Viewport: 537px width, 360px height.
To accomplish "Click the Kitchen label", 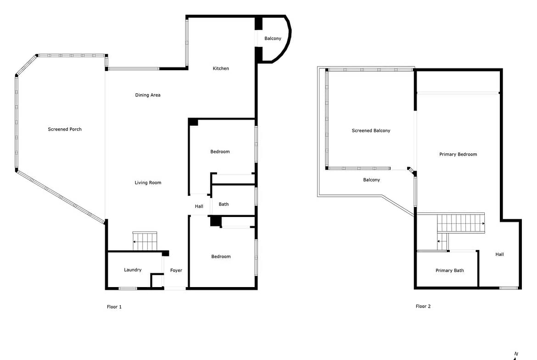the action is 221,68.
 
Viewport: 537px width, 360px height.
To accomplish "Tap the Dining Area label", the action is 148,95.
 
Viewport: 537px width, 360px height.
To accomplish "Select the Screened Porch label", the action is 65,129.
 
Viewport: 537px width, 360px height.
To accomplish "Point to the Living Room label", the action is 148,183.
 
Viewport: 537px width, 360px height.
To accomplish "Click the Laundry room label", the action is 133,270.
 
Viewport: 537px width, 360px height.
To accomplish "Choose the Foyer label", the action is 176,270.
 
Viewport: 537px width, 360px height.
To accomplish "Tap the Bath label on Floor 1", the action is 224,204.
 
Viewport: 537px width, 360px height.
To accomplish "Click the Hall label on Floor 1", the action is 199,206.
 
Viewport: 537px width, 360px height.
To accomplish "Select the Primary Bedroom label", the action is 458,155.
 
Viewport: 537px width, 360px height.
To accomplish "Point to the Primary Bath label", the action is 450,271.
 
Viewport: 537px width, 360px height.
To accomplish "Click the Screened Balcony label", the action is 371,131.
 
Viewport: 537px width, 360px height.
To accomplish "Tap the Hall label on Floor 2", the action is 499,254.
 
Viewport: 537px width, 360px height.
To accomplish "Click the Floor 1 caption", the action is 114,307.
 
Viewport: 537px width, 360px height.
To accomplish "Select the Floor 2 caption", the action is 423,306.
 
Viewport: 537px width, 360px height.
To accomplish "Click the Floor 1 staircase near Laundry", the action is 145,241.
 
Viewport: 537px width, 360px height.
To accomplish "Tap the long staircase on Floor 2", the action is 461,223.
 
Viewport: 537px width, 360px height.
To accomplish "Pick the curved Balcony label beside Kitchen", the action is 273,39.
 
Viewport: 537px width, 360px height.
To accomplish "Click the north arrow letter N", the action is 516,354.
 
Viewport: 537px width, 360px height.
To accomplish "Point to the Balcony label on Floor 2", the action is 372,180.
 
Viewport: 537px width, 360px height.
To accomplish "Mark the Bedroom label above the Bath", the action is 220,152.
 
